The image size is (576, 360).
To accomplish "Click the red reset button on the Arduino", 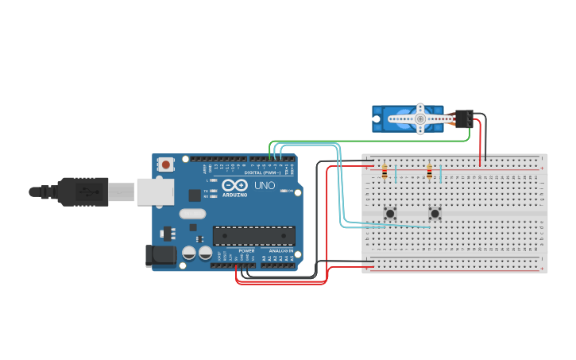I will (165, 165).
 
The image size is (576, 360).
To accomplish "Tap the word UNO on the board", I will (265, 185).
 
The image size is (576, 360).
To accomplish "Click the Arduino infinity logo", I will (235, 185).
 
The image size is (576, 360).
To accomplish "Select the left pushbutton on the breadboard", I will (390, 213).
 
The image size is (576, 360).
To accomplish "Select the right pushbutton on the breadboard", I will (435, 213).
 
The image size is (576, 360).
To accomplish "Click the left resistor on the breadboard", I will (385, 172).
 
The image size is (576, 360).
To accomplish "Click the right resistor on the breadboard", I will (430, 172).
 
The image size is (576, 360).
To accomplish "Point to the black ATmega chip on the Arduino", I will (253, 235).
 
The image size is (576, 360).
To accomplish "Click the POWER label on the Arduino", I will (246, 250).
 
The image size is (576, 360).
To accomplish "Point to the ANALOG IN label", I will (280, 250).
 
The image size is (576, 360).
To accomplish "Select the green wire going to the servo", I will (373, 141).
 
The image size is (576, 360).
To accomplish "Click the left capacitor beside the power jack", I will (189, 253).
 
